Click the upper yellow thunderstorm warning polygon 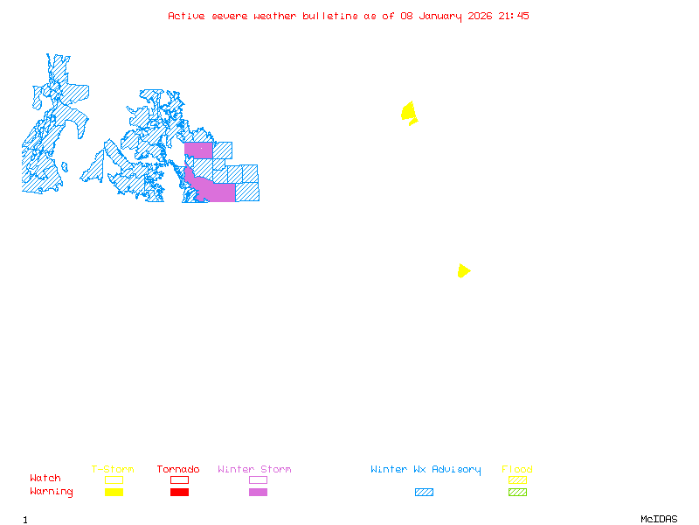[408, 112]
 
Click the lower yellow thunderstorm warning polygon [463, 271]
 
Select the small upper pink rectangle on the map [198, 150]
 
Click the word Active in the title [186, 16]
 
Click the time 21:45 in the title [514, 16]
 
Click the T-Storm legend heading [113, 470]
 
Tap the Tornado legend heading [178, 470]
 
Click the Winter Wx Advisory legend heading [426, 470]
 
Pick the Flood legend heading [517, 470]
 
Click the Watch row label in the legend [45, 479]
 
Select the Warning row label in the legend [52, 492]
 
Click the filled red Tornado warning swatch [179, 493]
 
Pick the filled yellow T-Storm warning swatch [114, 493]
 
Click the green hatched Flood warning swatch [517, 493]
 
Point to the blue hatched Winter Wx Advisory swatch [424, 493]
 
